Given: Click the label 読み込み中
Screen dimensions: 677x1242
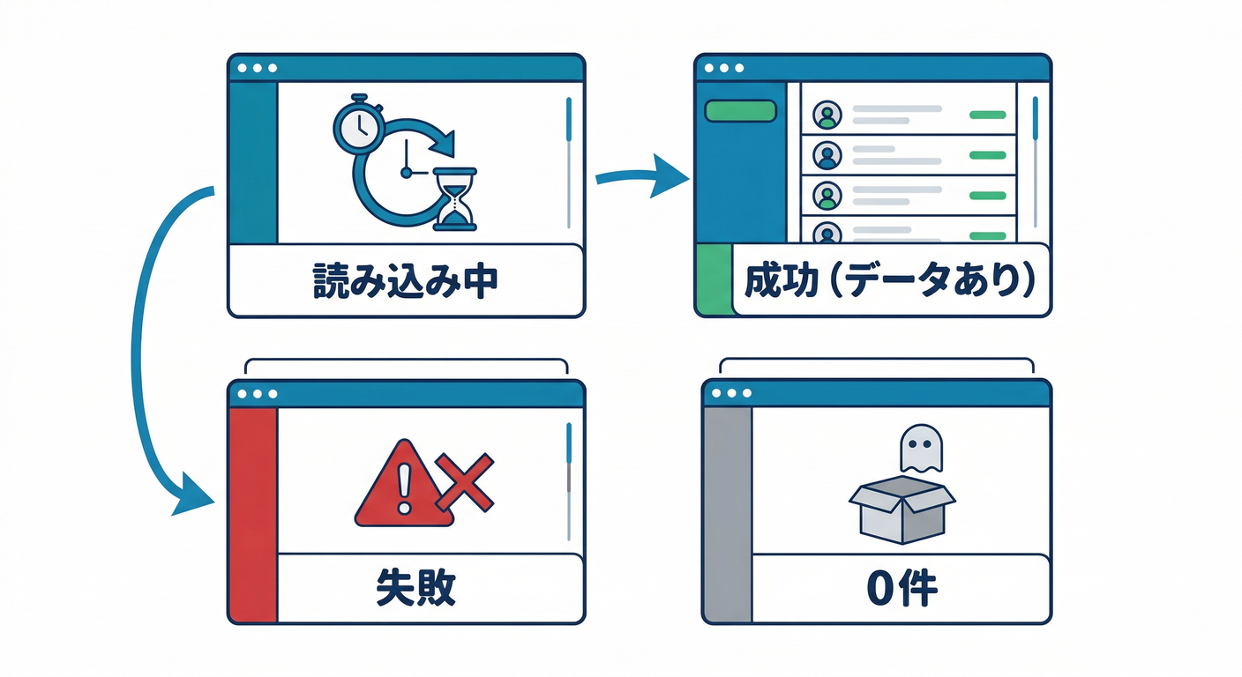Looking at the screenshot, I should pyautogui.click(x=406, y=280).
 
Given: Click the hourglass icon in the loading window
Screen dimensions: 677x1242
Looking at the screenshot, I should pyautogui.click(x=455, y=199).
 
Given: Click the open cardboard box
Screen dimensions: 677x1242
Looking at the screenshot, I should pyautogui.click(x=901, y=510).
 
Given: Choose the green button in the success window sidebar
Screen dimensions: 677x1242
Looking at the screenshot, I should pyautogui.click(x=740, y=111).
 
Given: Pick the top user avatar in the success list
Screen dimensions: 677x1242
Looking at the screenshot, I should pyautogui.click(x=827, y=114).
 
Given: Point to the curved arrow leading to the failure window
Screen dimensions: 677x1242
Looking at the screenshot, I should pyautogui.click(x=141, y=353).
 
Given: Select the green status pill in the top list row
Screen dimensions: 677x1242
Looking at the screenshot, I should pyautogui.click(x=987, y=115).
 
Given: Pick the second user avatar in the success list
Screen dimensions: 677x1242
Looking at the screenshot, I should pyautogui.click(x=827, y=155).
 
